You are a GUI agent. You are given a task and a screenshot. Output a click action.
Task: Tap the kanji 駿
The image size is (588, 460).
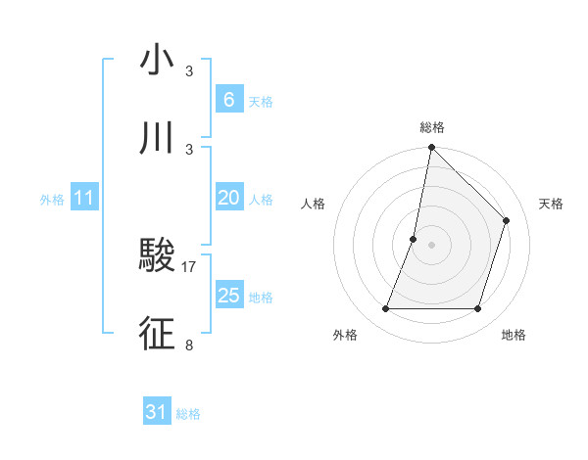point(157,256)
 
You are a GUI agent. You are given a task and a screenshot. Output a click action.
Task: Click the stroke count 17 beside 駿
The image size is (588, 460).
point(189,266)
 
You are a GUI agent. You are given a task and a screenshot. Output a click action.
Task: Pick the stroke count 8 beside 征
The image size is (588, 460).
point(189,345)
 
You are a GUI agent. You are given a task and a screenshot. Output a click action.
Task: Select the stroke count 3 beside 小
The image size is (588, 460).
point(189,71)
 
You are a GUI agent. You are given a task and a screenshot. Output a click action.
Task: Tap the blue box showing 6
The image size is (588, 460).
point(228,99)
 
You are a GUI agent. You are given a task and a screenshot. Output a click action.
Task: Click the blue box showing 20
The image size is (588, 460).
point(228,198)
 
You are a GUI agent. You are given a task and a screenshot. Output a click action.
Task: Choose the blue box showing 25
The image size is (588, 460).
point(228,295)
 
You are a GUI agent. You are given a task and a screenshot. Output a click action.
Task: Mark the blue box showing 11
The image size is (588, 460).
point(83,198)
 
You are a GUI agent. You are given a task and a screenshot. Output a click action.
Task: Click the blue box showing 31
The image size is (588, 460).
point(156,412)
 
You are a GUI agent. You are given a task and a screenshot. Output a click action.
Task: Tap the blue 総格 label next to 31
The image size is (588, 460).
point(188,414)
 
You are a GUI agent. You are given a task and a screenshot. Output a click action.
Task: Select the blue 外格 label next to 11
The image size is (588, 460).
point(52,199)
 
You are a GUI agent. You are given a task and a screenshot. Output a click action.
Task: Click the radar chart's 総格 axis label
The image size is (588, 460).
point(431,127)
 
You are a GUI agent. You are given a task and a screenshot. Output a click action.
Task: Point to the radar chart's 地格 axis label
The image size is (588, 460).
point(514,335)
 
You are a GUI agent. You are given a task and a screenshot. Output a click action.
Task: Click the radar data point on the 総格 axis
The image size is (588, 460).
point(431,148)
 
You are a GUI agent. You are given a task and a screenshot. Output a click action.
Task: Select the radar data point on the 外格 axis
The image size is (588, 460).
point(385,309)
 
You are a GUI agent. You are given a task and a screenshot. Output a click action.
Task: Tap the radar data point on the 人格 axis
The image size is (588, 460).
point(414,239)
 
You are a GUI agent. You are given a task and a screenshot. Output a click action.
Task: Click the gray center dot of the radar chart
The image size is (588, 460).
point(431,245)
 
